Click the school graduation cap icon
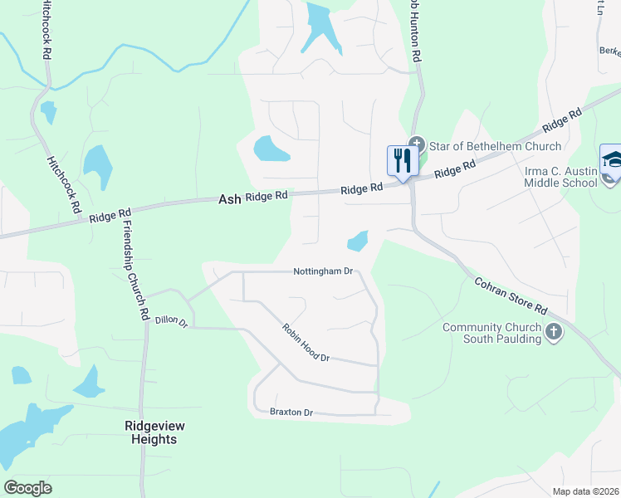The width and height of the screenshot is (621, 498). click(611, 159)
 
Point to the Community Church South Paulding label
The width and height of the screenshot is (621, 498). click(492, 333)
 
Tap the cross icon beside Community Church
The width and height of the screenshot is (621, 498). click(554, 333)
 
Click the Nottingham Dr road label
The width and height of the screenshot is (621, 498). click(324, 271)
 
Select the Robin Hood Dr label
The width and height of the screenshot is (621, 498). click(306, 342)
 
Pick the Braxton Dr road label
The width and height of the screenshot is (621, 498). click(291, 412)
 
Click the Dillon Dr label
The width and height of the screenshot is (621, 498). click(172, 320)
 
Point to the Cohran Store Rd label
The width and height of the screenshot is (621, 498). click(511, 295)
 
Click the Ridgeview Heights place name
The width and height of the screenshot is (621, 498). click(154, 432)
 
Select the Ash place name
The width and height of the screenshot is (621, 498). click(228, 199)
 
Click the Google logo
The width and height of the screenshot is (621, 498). click(28, 487)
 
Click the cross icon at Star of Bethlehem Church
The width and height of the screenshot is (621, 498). click(417, 145)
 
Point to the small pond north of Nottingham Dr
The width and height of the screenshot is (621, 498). click(358, 241)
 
